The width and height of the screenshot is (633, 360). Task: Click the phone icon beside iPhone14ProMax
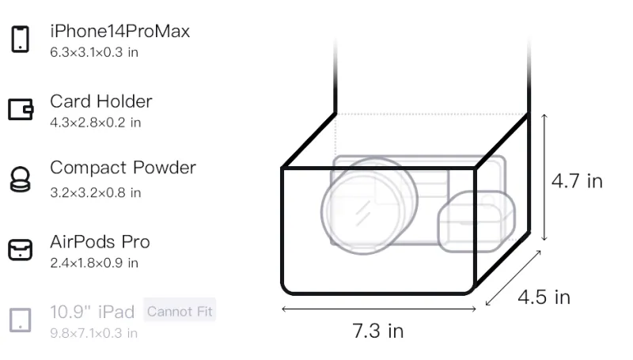21,39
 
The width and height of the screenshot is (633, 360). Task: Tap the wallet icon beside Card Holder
21,109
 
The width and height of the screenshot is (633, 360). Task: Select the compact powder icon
21,179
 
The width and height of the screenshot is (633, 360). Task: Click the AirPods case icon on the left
21,249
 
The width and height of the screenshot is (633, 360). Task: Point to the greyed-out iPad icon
21,320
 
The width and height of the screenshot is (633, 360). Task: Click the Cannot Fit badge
180,311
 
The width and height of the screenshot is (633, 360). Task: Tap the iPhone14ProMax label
120,31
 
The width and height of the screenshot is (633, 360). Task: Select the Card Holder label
101,101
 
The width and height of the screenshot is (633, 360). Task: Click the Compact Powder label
123,168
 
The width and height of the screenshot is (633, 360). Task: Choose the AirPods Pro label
100,242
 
